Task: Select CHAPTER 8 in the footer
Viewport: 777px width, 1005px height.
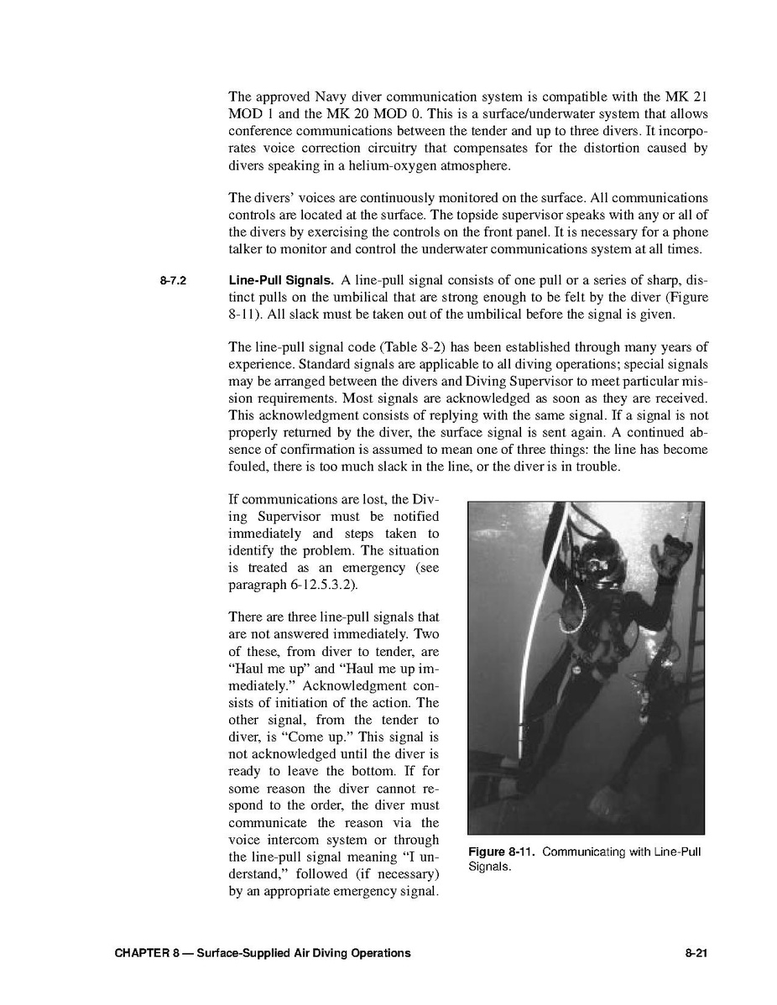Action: (x=138, y=953)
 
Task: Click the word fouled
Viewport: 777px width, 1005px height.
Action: (x=250, y=466)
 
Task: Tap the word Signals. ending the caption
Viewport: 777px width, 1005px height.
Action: (x=489, y=867)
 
